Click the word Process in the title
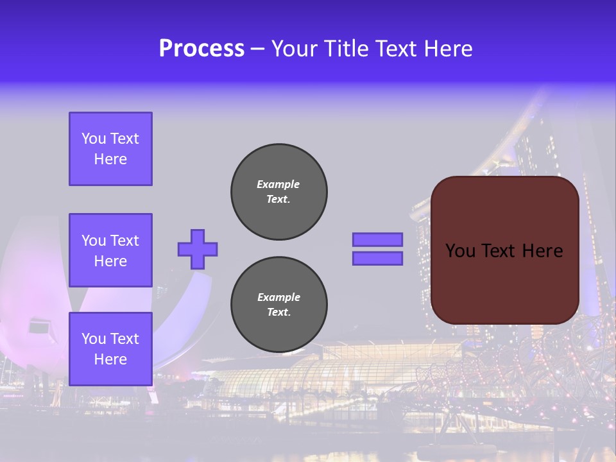click(201, 49)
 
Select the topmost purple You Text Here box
click(110, 149)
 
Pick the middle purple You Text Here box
click(110, 250)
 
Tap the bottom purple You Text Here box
click(110, 349)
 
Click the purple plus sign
click(198, 249)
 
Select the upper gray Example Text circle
click(279, 192)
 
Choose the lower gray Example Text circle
click(279, 305)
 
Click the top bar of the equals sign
click(377, 239)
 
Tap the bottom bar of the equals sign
click(377, 258)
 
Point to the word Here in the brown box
click(542, 251)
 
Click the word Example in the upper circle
click(278, 184)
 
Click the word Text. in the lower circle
click(278, 312)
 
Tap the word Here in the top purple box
click(110, 159)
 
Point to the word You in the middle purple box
click(94, 241)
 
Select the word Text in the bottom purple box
click(124, 339)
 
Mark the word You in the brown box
click(460, 251)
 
